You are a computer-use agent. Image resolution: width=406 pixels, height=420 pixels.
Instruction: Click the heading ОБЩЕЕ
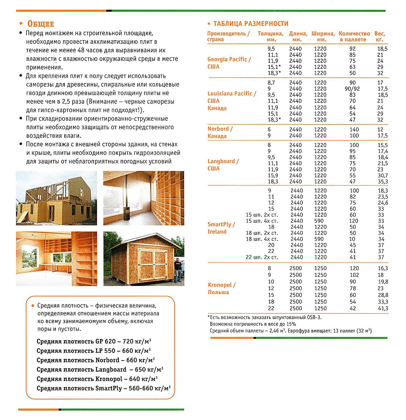coord(41,24)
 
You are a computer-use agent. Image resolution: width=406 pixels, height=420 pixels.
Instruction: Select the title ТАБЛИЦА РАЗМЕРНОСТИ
coord(251,24)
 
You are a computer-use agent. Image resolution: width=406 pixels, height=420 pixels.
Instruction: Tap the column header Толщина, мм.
coord(271,36)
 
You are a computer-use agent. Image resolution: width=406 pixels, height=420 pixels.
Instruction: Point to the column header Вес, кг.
coord(380,36)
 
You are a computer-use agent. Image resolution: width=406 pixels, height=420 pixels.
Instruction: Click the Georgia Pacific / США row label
coord(229,63)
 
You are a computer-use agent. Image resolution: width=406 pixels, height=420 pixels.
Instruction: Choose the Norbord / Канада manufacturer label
coord(220,132)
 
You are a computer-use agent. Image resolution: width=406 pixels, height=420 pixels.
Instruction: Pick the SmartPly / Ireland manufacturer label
coord(221,228)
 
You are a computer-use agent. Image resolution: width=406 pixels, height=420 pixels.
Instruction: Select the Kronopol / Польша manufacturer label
coord(221,288)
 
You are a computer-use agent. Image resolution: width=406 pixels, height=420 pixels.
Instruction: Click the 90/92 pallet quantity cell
coord(352,89)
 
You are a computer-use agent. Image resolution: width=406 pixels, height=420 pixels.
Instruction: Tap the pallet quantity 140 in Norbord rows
coord(354,129)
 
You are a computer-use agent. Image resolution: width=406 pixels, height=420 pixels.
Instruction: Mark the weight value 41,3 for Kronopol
coord(383,308)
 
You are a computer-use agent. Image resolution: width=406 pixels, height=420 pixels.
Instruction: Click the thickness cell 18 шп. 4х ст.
coord(262,239)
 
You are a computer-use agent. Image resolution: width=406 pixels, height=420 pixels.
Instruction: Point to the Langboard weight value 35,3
coord(383,182)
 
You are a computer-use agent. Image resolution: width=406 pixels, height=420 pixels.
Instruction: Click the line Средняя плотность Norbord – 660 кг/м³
coord(95,360)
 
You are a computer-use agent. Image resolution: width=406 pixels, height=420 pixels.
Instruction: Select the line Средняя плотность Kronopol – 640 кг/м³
coord(97,379)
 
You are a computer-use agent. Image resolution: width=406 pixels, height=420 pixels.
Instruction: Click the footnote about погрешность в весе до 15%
coord(253,324)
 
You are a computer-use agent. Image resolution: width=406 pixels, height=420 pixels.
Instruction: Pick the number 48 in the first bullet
coord(81,50)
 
